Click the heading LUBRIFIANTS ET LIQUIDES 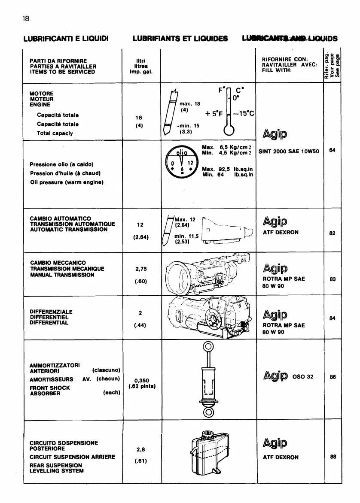point(180,38)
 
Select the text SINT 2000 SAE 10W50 point(289,152)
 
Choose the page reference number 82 point(333,233)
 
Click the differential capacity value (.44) point(140,325)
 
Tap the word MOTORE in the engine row point(42,93)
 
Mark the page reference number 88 point(333,457)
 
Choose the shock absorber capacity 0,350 point(141,379)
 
